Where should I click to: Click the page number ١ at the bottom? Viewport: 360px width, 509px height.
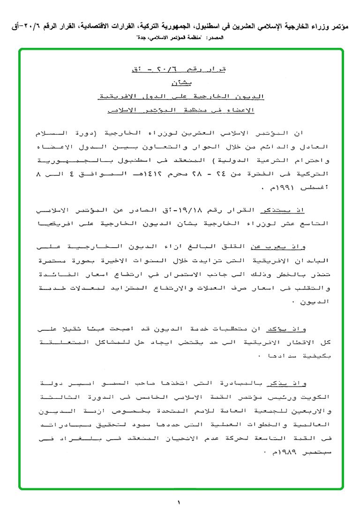pyautogui.click(x=180, y=502)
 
